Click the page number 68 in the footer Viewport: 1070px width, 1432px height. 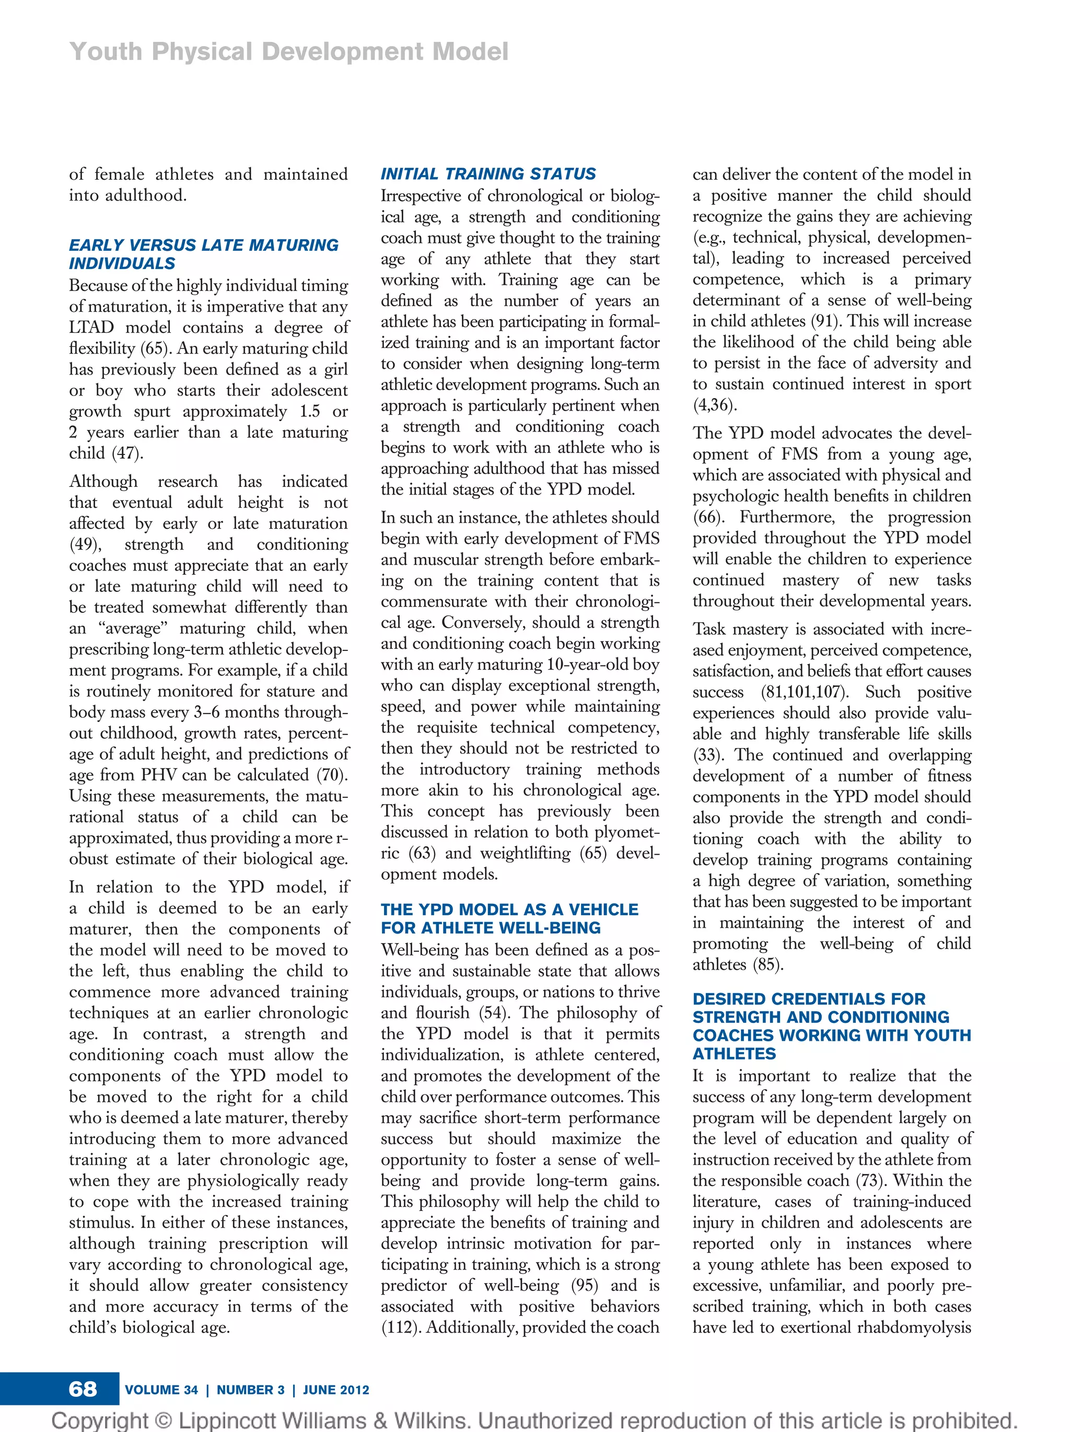(83, 1388)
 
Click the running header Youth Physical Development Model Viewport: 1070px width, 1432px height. (289, 51)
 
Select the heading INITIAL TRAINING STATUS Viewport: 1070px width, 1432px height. (488, 173)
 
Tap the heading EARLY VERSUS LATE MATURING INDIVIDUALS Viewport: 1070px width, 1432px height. (203, 254)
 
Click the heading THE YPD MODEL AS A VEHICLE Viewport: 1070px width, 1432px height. (509, 909)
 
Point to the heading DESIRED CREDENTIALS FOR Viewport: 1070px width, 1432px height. (808, 998)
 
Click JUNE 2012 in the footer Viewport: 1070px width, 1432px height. (335, 1389)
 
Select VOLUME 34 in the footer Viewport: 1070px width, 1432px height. (161, 1389)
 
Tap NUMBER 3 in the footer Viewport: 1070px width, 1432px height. (250, 1389)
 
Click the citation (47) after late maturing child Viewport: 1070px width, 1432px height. (127, 453)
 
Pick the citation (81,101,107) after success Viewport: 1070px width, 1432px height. (805, 692)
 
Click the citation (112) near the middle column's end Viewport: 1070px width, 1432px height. (401, 1327)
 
